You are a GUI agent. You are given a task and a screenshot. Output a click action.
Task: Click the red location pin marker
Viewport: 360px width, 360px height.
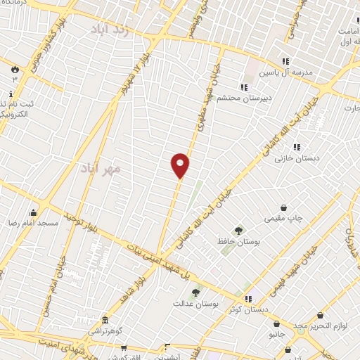point(180,165)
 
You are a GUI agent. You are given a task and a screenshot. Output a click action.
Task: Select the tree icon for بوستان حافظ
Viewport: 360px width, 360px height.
point(239,230)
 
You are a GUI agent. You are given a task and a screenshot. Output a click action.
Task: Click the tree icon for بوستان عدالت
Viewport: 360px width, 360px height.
point(195,292)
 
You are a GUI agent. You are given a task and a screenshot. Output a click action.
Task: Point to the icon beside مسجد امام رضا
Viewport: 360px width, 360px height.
point(33,212)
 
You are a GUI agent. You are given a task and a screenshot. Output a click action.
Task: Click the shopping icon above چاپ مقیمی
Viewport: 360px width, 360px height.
point(283,207)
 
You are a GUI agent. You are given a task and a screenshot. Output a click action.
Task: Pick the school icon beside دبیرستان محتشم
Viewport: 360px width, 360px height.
point(243,87)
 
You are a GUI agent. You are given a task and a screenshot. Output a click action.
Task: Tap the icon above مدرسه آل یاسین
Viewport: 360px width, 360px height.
point(285,61)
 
